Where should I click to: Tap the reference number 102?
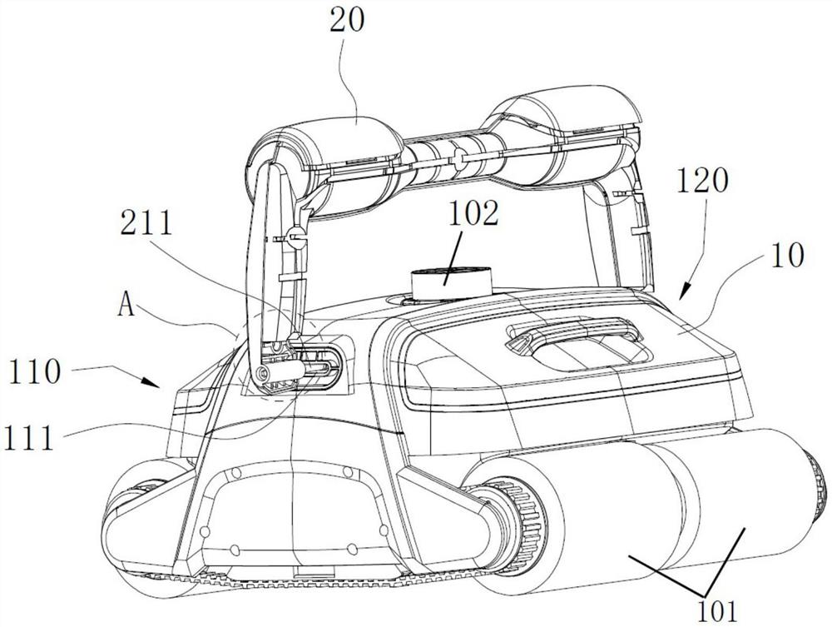coord(473,214)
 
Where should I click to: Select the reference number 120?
coord(702,182)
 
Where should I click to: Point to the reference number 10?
coord(786,256)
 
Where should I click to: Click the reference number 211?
coord(146,223)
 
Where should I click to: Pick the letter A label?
coord(126,305)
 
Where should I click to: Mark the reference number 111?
coord(28,439)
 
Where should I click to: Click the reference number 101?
coord(717,610)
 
